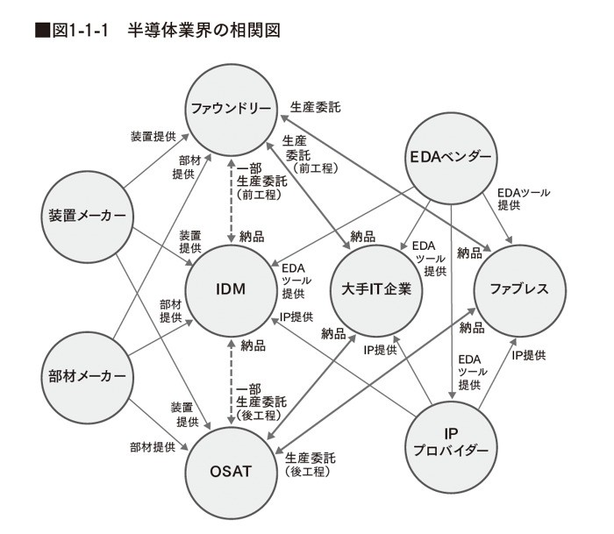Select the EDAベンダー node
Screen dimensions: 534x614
tap(451, 159)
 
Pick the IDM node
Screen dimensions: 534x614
tap(230, 290)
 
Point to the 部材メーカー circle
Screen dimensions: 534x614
tap(85, 375)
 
